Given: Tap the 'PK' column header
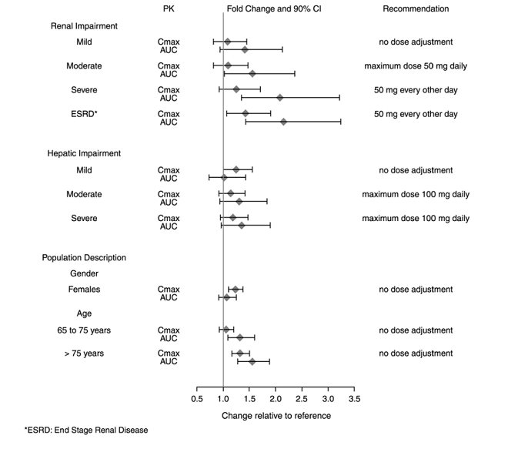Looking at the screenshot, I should [x=169, y=9].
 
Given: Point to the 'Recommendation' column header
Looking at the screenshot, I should [x=416, y=9].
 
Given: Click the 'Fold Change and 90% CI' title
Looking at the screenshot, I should [x=272, y=9].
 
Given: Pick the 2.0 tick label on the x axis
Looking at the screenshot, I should [x=276, y=400].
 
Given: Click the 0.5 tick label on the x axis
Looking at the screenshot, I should [x=197, y=400].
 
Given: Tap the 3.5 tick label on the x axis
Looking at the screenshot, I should [x=354, y=400].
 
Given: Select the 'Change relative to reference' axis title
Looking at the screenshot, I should [x=276, y=415].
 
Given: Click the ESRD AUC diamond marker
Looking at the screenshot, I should [x=283, y=122].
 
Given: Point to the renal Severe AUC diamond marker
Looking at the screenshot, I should [x=279, y=98].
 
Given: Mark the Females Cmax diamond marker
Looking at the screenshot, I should [x=236, y=290].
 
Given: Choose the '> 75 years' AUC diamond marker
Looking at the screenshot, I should [x=252, y=361].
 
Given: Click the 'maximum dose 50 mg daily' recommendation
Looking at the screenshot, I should [x=416, y=65].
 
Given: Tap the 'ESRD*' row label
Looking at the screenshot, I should [x=83, y=114].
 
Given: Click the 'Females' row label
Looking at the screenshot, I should [x=84, y=290].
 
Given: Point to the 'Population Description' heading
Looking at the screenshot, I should [x=84, y=257].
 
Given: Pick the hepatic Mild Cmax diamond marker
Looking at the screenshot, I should [x=236, y=169].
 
